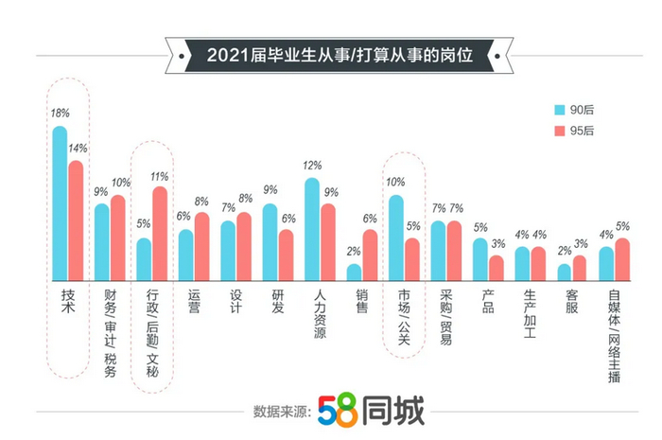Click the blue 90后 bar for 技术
pos(60,203)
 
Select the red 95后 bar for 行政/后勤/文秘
pos(159,233)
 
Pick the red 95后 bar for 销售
pos(370,255)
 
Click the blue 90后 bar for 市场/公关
pos(396,238)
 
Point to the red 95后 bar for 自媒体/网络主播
pos(621,258)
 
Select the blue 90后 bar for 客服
pos(565,272)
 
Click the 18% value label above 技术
pos(60,114)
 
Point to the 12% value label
pos(312,167)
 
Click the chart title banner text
pos(330,56)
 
